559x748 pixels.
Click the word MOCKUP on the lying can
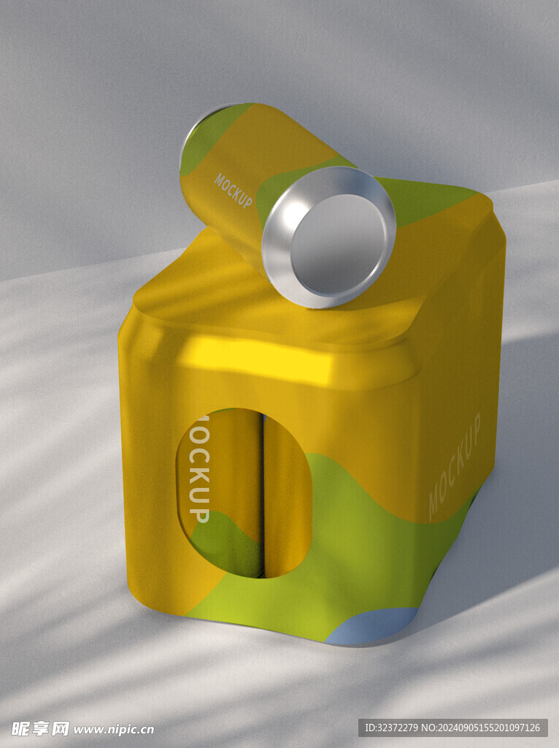point(233,191)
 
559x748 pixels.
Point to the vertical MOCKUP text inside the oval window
point(199,469)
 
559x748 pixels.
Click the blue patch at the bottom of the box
point(371,625)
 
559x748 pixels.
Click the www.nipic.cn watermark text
point(114,729)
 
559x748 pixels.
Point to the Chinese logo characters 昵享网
point(41,728)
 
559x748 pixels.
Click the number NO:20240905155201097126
point(482,728)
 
